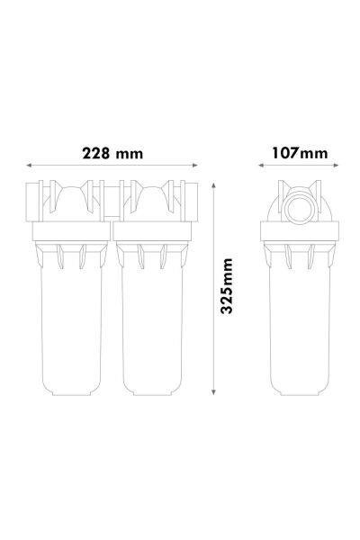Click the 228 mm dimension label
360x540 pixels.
(112, 152)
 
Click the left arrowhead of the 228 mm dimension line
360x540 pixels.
(30, 165)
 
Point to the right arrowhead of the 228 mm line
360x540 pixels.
(196, 165)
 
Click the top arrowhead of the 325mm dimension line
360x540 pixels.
(212, 181)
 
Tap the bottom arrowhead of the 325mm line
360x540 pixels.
(212, 394)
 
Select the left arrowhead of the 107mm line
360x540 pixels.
(263, 165)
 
